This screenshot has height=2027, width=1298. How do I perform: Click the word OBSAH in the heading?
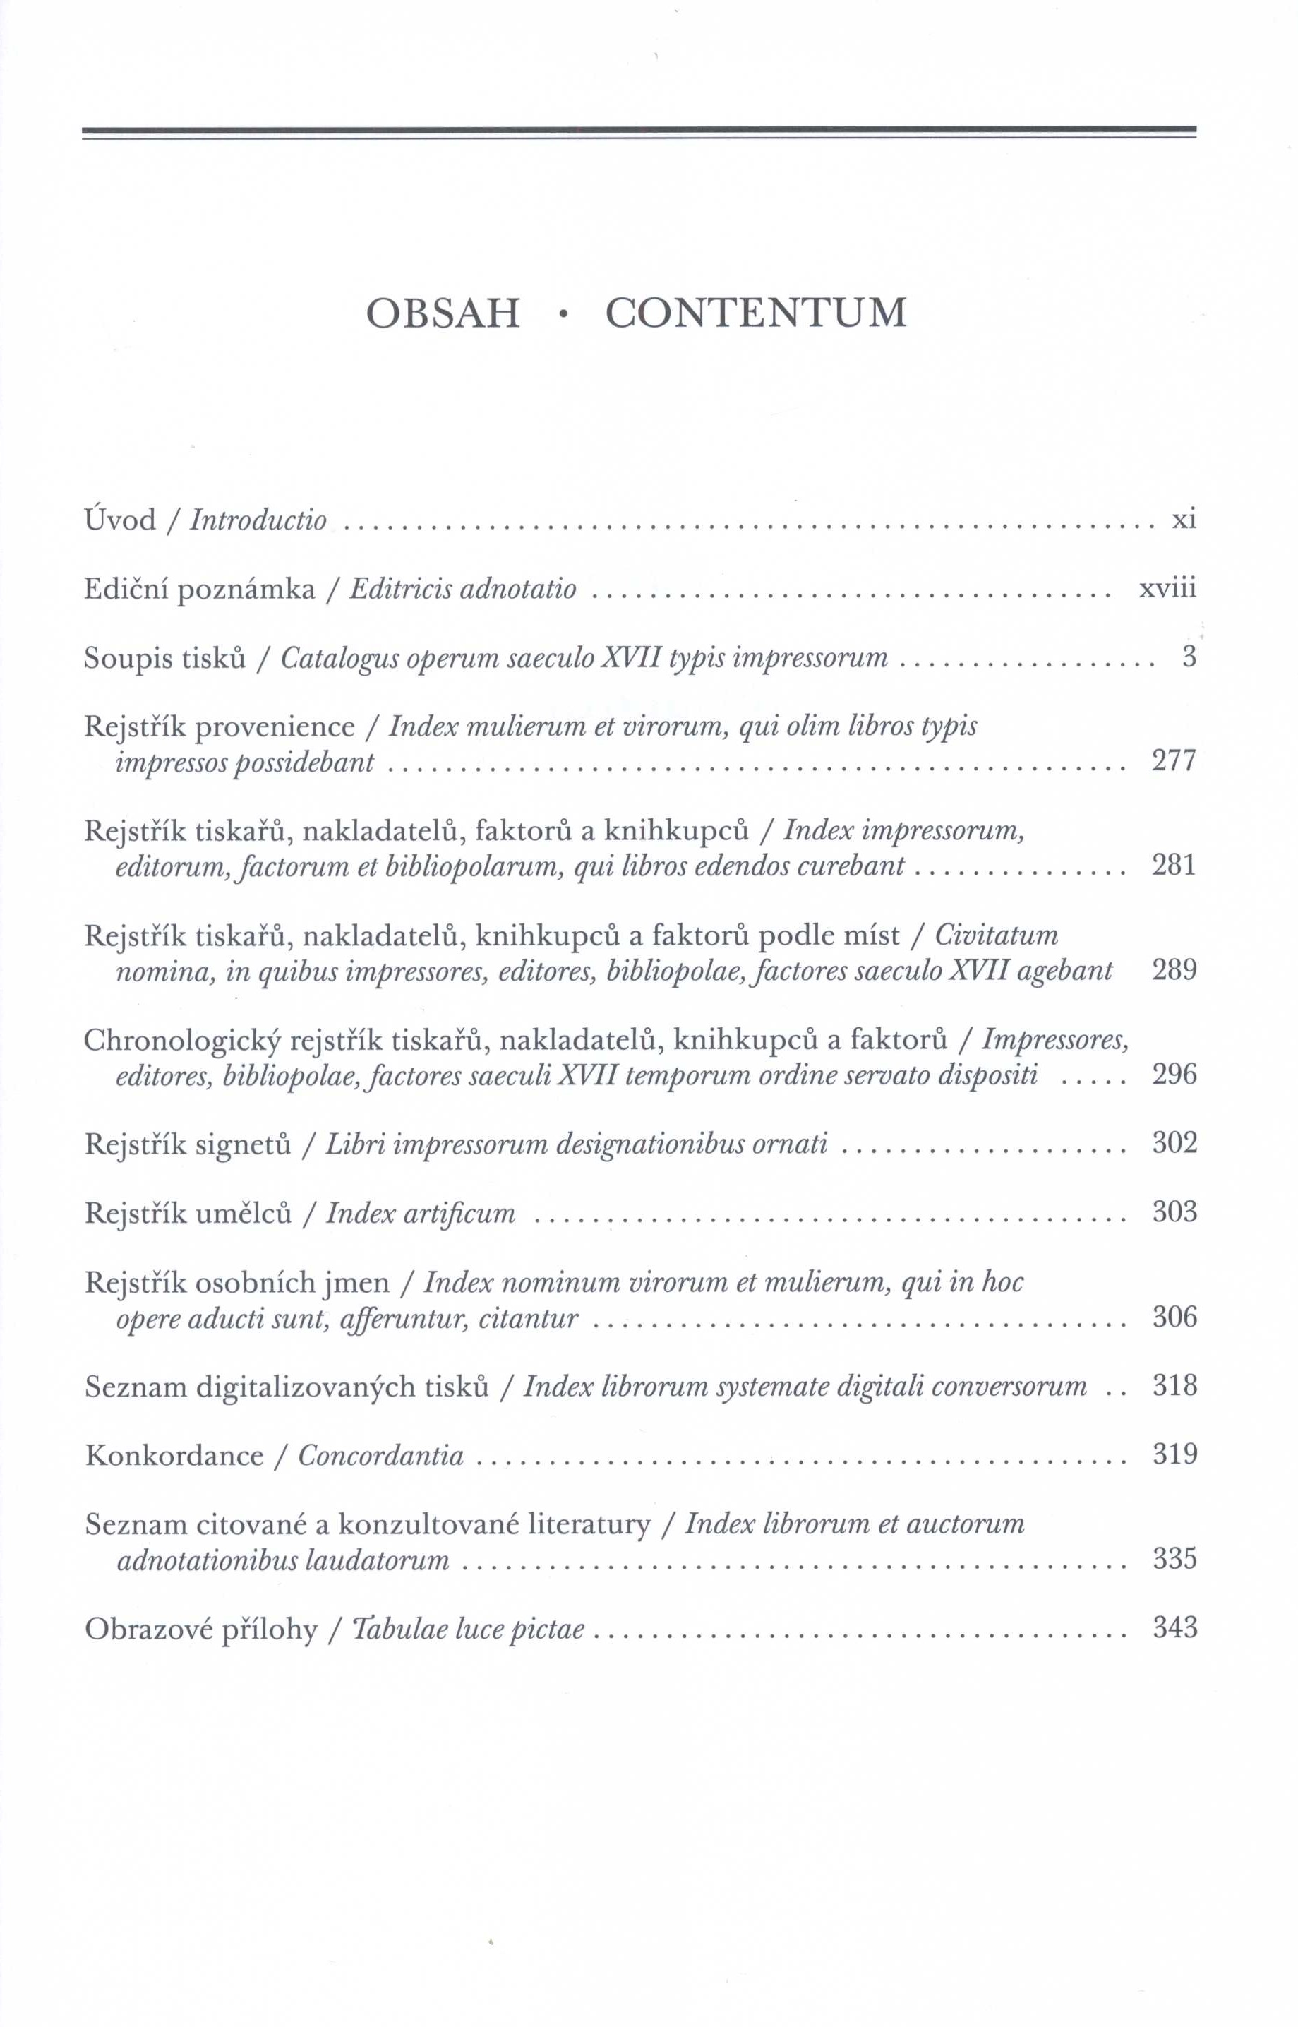coord(443,313)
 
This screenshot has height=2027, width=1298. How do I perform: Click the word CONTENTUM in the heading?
coord(755,313)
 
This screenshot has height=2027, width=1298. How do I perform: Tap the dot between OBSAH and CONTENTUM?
coord(563,316)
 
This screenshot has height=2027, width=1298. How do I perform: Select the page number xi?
coord(1184,520)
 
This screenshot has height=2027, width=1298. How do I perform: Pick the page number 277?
coord(1174,761)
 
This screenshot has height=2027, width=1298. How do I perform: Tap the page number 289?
coord(1174,969)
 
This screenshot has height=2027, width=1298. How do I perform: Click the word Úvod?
coord(121,520)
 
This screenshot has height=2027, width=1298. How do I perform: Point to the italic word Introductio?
coord(258,520)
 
